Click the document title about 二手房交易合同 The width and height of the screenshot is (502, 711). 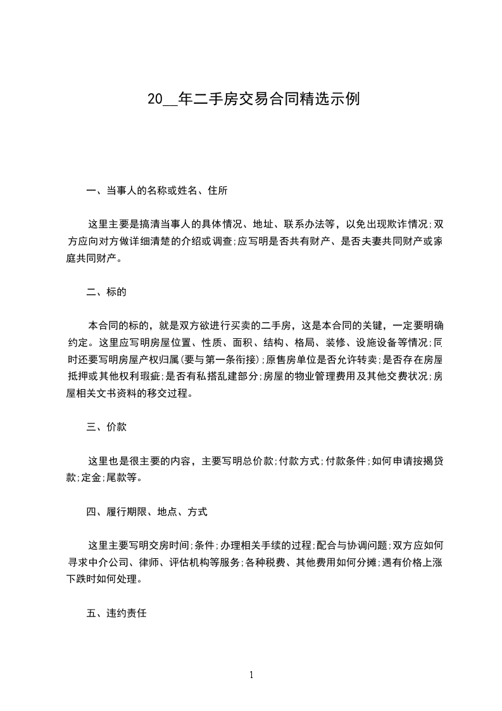click(253, 99)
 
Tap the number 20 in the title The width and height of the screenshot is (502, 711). click(154, 99)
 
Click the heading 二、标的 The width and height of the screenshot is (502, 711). click(106, 291)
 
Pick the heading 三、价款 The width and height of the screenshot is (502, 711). click(106, 426)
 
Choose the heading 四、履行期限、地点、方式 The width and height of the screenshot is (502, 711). click(147, 511)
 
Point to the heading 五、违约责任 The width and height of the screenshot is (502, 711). click(116, 613)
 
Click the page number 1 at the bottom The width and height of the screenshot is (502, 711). click(251, 675)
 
